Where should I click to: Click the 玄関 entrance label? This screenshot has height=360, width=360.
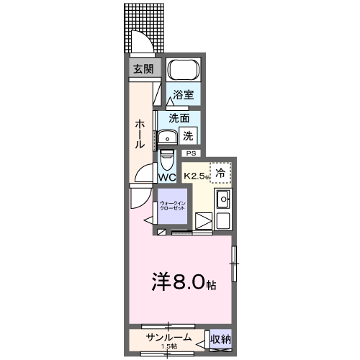[x=143, y=69]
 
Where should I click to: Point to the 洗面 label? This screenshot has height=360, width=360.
[x=179, y=117]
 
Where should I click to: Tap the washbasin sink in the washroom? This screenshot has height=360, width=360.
[x=169, y=138]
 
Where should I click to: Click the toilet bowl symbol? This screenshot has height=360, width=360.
[x=166, y=157]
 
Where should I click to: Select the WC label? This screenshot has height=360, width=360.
[x=167, y=177]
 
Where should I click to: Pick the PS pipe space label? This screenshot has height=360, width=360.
[x=192, y=153]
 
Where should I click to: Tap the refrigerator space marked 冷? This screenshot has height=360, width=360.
[x=222, y=172]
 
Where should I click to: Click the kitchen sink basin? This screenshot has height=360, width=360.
[x=223, y=199]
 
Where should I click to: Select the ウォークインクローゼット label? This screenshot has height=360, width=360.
[x=173, y=206]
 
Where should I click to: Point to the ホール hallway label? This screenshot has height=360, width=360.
[x=140, y=134]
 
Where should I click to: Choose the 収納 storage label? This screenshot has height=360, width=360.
[x=220, y=338]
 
